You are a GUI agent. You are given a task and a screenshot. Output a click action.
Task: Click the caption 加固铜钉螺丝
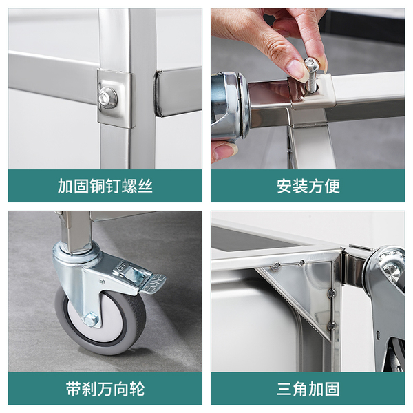[105, 187]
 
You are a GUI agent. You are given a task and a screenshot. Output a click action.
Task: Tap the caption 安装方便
[308, 187]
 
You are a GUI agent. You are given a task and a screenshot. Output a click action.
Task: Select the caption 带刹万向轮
[105, 389]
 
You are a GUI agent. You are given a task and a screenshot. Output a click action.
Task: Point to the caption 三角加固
[308, 389]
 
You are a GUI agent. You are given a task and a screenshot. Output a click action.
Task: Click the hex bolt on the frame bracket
[108, 98]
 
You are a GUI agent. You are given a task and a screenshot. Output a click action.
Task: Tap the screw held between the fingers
[311, 75]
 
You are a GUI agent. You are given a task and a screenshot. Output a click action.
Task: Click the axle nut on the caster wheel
[91, 319]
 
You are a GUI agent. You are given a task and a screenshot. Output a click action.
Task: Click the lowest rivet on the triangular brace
[330, 326]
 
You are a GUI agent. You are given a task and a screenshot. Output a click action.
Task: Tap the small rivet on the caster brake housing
[101, 282]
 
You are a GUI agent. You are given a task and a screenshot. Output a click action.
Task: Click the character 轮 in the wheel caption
[137, 389]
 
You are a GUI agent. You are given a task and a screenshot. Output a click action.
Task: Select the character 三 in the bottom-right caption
[284, 389]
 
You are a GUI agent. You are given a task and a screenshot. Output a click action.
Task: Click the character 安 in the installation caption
[284, 187]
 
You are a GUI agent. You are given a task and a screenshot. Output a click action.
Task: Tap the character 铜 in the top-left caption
[97, 187]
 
